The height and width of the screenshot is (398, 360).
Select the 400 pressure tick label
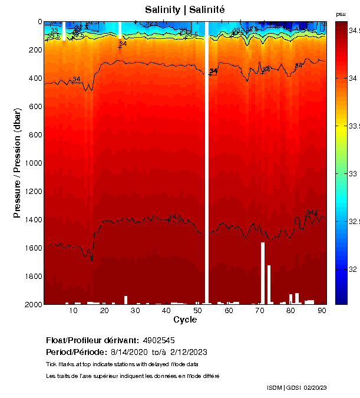click(x=34, y=78)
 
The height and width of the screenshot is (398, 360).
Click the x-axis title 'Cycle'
click(x=185, y=320)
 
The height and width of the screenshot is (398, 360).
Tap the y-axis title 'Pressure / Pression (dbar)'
click(x=17, y=163)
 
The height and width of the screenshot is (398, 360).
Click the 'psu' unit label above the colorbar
click(x=341, y=14)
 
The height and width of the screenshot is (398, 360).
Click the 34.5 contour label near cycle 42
click(x=174, y=217)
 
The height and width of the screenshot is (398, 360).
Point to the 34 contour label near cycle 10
click(x=76, y=80)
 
